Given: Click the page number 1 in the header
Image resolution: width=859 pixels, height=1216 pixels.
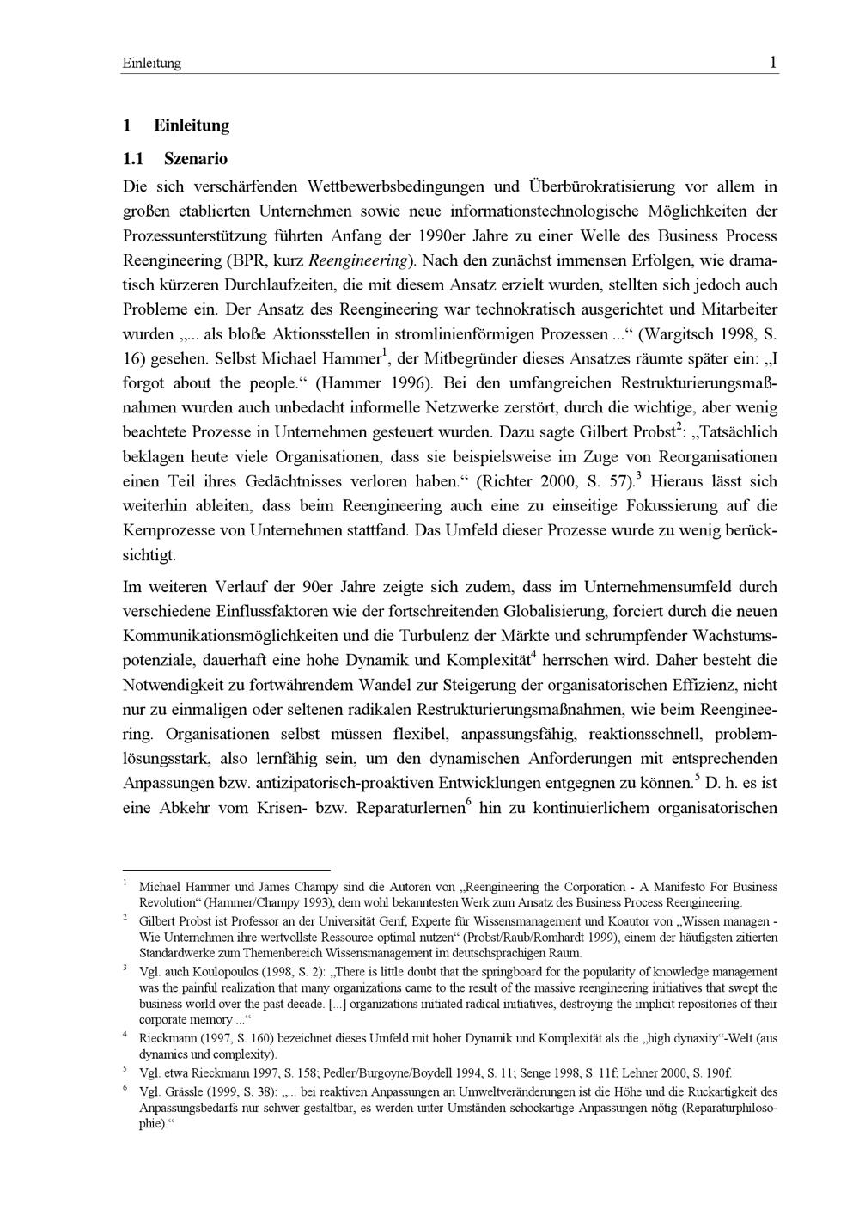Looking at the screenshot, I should pyautogui.click(x=773, y=63).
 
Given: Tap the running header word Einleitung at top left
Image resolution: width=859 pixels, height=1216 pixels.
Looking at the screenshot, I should pyautogui.click(x=152, y=64).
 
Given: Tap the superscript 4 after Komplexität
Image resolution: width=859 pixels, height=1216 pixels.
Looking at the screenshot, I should pyautogui.click(x=533, y=656).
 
